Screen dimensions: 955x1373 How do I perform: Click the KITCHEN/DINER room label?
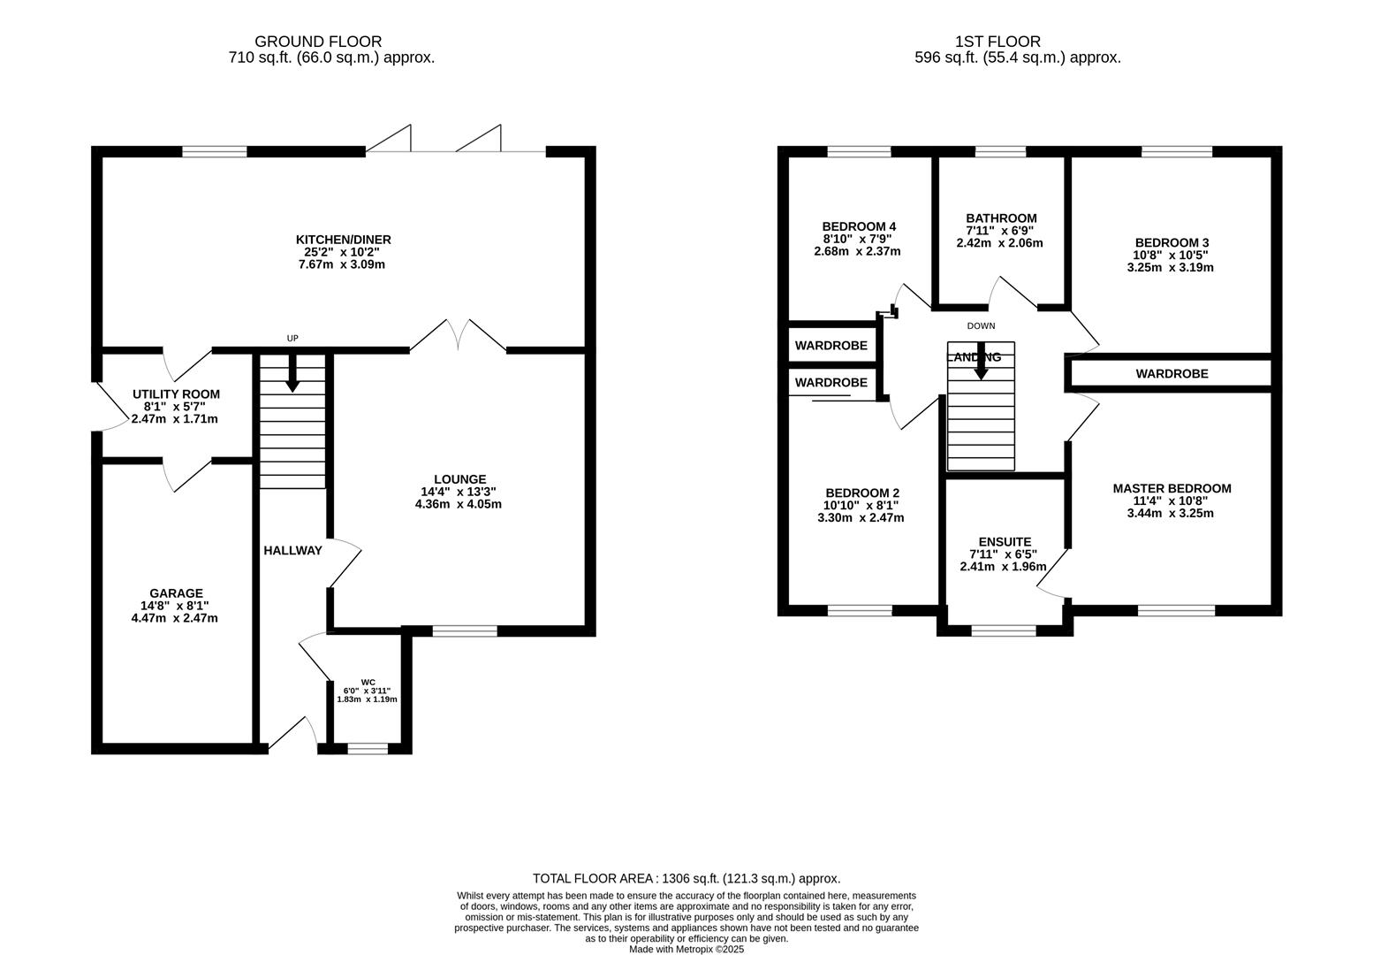[x=343, y=240]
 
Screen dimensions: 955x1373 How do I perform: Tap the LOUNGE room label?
[x=459, y=479]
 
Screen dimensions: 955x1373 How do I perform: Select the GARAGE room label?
[x=176, y=593]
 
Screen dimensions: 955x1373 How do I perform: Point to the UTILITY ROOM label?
[x=176, y=394]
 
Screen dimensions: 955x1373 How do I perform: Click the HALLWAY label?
[x=292, y=550]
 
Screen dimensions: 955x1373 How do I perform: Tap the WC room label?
[x=368, y=682]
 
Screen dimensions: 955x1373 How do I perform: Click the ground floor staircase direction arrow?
[x=292, y=375]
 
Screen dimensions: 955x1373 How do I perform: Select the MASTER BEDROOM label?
[x=1172, y=488]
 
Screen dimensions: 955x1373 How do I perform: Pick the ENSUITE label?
[x=1005, y=542]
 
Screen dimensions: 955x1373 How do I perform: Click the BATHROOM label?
[x=1001, y=218]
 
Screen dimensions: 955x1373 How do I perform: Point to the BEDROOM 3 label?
[x=1172, y=242]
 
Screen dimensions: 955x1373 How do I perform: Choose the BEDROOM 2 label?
[x=861, y=493]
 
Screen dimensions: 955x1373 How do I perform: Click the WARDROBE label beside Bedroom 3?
[x=1172, y=374]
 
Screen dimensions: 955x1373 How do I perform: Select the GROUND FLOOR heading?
[x=318, y=42]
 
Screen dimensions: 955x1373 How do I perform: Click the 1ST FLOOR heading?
[x=998, y=42]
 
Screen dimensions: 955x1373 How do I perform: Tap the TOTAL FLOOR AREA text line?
[x=686, y=878]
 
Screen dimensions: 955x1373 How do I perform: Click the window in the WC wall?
[x=368, y=748]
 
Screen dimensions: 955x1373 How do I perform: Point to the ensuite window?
[x=1004, y=630]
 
